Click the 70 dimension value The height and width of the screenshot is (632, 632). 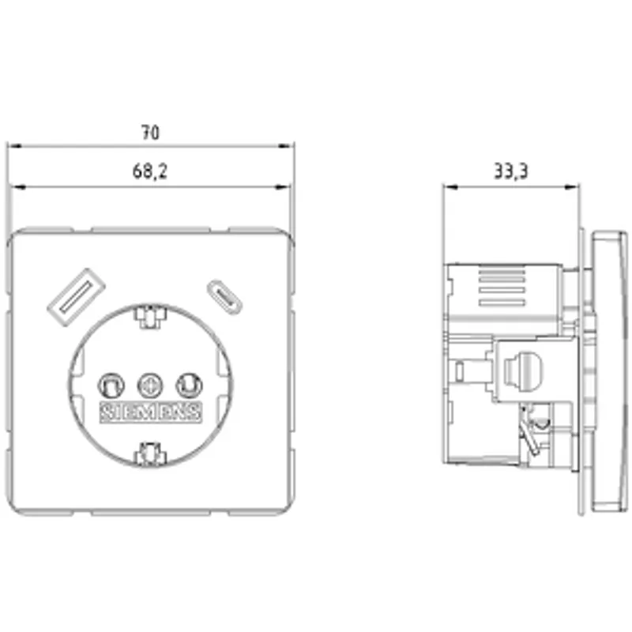150,132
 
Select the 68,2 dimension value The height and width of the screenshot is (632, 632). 149,171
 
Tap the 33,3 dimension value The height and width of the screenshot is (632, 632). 510,171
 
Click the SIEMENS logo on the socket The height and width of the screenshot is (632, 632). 150,412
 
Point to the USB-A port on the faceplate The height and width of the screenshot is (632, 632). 76,297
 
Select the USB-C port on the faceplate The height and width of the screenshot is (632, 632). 225,298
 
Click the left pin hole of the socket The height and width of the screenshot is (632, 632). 111,386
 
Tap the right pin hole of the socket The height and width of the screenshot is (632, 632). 189,386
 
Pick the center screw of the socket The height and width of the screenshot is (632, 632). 150,386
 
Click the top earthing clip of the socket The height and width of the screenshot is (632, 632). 150,317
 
